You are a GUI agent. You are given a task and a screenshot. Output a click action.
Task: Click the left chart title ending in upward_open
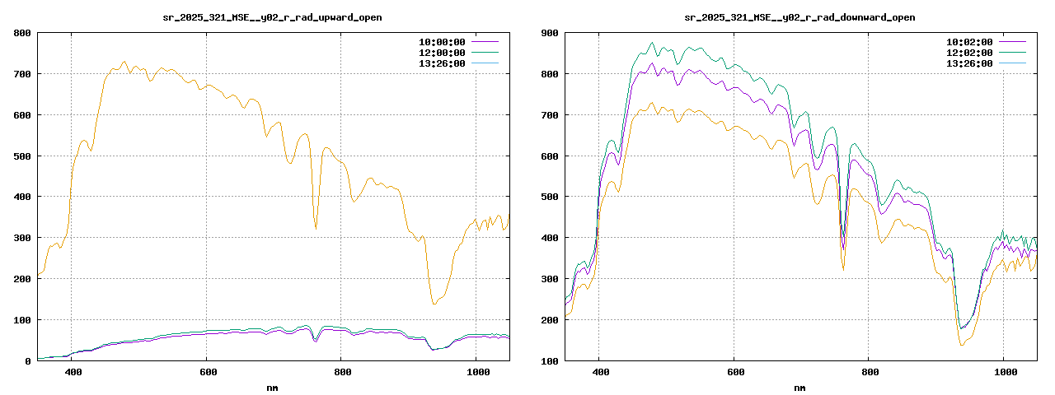272,17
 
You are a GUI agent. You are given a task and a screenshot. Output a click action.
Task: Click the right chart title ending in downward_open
799,17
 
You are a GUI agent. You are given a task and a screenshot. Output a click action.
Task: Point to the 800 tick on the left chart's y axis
22,33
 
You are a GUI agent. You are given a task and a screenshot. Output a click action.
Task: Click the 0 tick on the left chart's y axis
28,360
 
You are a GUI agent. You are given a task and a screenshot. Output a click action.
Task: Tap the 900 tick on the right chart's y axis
550,33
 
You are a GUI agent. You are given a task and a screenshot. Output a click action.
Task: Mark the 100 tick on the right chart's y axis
550,360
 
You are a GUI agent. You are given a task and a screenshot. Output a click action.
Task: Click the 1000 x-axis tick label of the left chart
476,373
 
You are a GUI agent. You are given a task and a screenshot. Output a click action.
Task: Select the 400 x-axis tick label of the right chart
601,373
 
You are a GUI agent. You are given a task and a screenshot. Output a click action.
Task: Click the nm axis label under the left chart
272,387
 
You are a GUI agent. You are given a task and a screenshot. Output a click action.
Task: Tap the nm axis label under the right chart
799,387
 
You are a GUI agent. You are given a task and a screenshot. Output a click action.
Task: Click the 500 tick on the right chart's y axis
550,197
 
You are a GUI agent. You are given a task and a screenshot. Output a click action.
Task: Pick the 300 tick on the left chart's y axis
22,238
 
